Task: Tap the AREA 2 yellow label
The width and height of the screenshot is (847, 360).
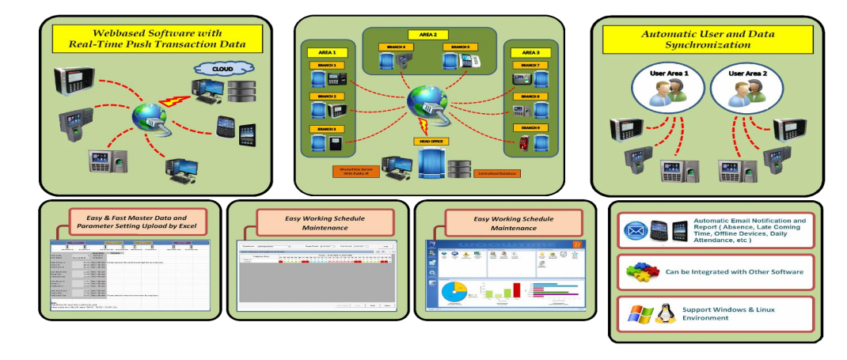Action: pyautogui.click(x=428, y=35)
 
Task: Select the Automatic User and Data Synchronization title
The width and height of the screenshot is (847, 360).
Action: pyautogui.click(x=707, y=40)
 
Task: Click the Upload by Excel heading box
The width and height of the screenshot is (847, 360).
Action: pyautogui.click(x=137, y=222)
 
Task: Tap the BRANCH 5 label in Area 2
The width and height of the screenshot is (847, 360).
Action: pyautogui.click(x=459, y=47)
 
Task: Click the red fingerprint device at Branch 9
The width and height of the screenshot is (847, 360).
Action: pyautogui.click(x=522, y=145)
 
